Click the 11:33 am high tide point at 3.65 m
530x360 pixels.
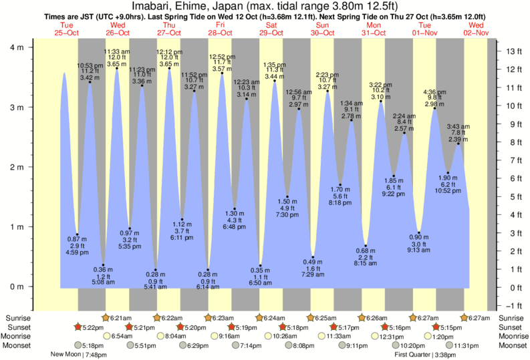click(117, 68)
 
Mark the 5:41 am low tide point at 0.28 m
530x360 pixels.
click(156, 270)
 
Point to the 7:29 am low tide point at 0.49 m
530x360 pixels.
click(312, 257)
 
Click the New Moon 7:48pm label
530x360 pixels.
click(78, 355)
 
